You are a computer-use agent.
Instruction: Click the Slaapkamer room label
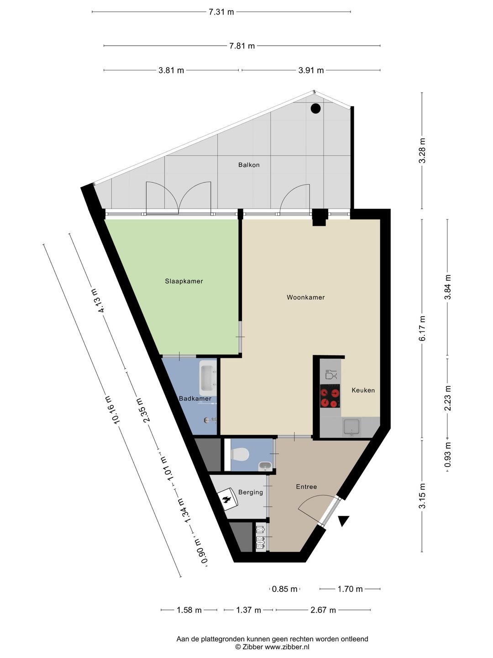click(184, 281)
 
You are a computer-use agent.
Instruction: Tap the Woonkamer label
click(306, 297)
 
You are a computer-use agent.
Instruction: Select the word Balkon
click(249, 165)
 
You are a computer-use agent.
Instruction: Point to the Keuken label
click(363, 390)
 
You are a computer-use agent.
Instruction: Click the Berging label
click(251, 492)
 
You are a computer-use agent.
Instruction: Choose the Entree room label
click(306, 487)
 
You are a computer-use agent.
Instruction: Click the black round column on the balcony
click(315, 108)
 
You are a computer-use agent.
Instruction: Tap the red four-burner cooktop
click(330, 396)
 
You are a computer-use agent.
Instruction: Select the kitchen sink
click(352, 427)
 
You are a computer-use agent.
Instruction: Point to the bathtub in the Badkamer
click(208, 378)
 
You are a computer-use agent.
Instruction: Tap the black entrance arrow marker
click(343, 520)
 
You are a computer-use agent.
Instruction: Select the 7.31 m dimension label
click(221, 12)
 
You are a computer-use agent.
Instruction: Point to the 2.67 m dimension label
click(323, 610)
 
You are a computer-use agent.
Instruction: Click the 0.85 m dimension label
click(284, 589)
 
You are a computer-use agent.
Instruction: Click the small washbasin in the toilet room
click(265, 467)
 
